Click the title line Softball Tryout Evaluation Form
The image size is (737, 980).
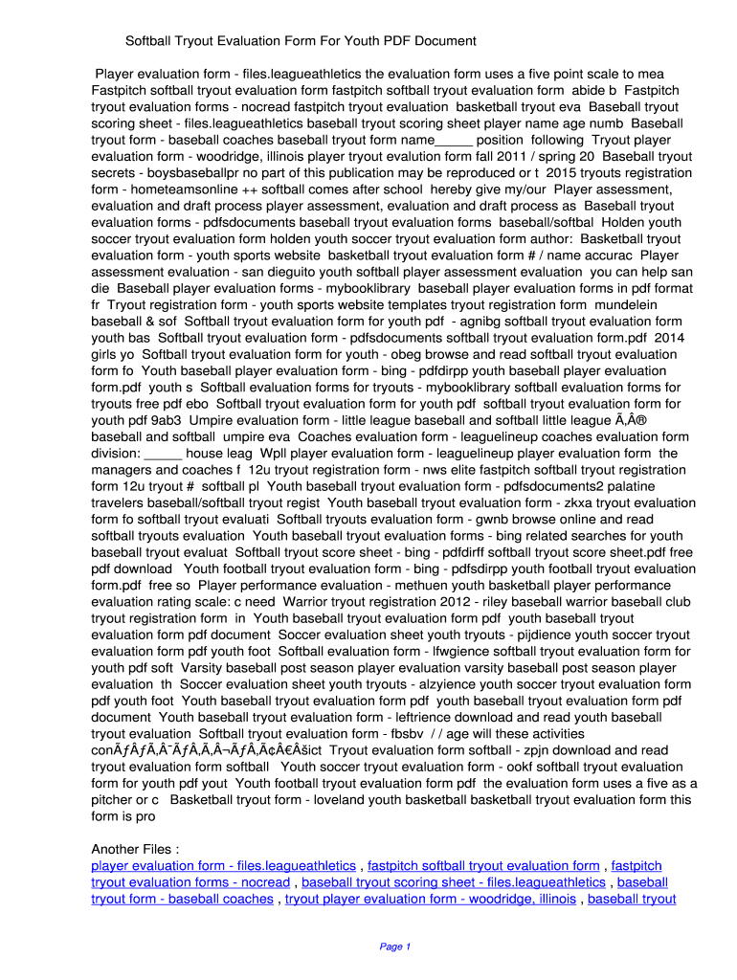(x=301, y=41)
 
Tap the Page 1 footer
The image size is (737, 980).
(x=394, y=947)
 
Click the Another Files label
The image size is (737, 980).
(x=135, y=849)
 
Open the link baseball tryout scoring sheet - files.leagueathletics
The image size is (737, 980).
(x=453, y=882)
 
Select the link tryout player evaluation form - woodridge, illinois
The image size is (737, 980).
(x=431, y=899)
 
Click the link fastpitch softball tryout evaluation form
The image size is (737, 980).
(x=483, y=866)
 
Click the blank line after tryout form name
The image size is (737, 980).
(x=454, y=139)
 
